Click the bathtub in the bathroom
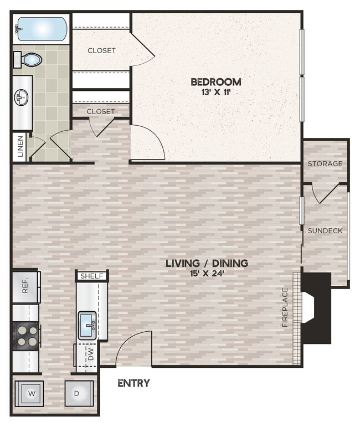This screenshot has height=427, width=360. pyautogui.click(x=42, y=28)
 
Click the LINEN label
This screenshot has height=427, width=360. pyautogui.click(x=20, y=147)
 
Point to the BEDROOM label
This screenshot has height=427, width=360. pyautogui.click(x=215, y=82)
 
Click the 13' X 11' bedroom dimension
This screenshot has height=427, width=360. pyautogui.click(x=215, y=92)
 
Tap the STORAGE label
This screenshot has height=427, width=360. pyautogui.click(x=325, y=164)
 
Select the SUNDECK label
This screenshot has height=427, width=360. pyautogui.click(x=325, y=230)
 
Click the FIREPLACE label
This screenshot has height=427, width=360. pyautogui.click(x=285, y=307)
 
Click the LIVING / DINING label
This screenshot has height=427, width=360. pyautogui.click(x=207, y=263)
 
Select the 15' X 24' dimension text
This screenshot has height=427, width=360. pyautogui.click(x=207, y=273)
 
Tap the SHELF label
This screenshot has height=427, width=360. pyautogui.click(x=92, y=276)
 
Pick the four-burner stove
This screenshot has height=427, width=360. pyautogui.click(x=26, y=336)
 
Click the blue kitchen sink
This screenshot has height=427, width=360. pyautogui.click(x=87, y=326)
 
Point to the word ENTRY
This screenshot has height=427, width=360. pyautogui.click(x=133, y=383)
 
